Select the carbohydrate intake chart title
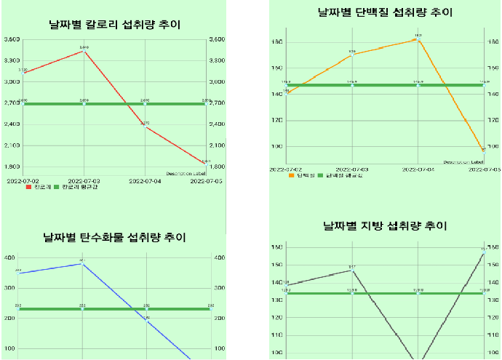(x=114, y=237)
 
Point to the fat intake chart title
(x=385, y=226)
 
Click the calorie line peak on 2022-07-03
(x=84, y=51)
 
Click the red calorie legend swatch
(x=28, y=187)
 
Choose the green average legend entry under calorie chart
(x=75, y=187)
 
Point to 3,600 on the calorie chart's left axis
(x=12, y=40)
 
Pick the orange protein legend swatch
(x=291, y=175)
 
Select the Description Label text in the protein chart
(x=463, y=162)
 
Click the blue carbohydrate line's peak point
(x=82, y=264)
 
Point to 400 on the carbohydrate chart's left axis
(x=10, y=257)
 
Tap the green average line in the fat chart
(x=386, y=293)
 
